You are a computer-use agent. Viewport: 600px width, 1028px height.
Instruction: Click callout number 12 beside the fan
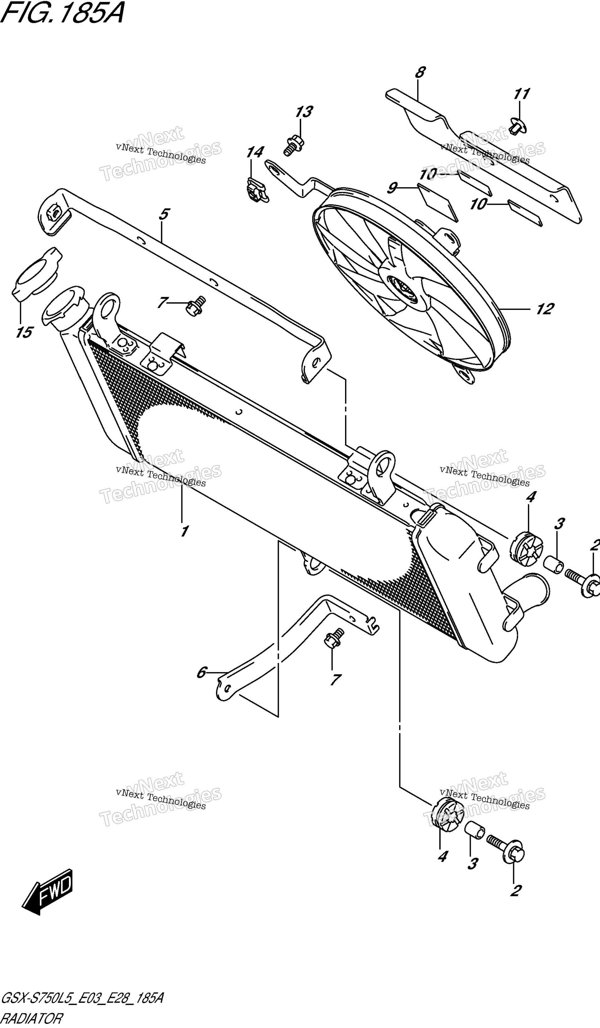pyautogui.click(x=544, y=309)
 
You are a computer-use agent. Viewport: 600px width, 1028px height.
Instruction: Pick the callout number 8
pyautogui.click(x=419, y=72)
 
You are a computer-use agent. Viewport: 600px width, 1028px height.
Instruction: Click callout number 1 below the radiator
pyautogui.click(x=184, y=531)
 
